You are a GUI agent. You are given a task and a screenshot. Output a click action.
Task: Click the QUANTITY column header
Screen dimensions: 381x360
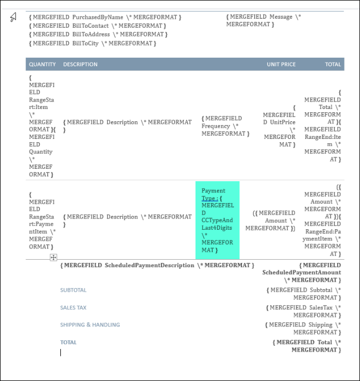[x=42, y=64]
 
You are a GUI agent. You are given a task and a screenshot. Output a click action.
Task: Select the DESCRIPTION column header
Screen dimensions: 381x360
[x=80, y=64]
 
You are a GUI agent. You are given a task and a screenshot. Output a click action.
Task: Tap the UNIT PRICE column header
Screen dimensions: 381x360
[x=281, y=64]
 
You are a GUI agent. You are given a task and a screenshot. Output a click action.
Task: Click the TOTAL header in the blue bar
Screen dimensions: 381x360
[x=333, y=64]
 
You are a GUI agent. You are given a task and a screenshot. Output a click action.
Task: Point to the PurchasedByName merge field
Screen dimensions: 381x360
[x=105, y=17]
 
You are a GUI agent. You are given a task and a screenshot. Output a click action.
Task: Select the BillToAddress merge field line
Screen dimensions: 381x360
[x=99, y=34]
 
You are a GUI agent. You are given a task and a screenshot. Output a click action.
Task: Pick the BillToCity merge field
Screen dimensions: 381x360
[x=93, y=43]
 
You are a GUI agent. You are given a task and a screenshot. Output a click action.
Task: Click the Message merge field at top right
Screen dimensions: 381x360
[x=263, y=20]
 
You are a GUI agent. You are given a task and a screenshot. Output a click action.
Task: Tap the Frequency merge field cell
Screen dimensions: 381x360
[x=225, y=126]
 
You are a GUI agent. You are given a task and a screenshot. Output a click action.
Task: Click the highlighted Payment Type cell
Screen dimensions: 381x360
[x=217, y=220]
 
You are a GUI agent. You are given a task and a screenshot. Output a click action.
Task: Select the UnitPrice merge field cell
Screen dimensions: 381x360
[x=279, y=126]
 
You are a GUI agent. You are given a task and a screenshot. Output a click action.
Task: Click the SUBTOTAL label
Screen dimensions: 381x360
[x=73, y=290]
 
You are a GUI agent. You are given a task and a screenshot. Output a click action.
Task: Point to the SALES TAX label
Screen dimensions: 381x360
[x=73, y=308]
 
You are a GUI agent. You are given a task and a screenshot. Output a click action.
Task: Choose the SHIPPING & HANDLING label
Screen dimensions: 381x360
[x=90, y=325]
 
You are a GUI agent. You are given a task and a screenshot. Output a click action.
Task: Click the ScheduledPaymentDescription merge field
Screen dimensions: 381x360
[x=158, y=265]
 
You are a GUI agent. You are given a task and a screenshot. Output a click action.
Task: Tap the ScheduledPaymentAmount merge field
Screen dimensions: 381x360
[x=301, y=273]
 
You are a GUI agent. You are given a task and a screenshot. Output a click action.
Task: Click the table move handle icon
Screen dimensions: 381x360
[x=53, y=258]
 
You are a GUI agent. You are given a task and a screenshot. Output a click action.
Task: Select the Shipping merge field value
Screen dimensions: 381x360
[x=303, y=328]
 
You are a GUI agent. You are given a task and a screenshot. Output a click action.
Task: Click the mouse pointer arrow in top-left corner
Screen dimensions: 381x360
[x=13, y=18]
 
